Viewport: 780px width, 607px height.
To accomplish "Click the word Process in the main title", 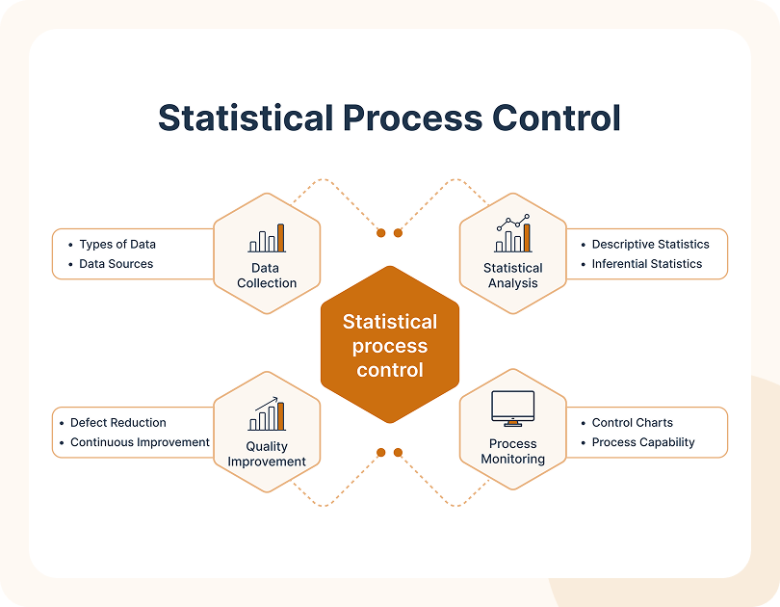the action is tap(412, 118).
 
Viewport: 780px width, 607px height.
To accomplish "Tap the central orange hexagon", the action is tap(390, 344).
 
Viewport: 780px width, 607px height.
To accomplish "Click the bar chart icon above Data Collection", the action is tap(267, 238).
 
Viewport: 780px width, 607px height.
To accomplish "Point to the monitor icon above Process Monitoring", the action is tap(513, 409).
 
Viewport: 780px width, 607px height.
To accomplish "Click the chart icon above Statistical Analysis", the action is tap(513, 233).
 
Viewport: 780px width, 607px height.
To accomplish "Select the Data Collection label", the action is tap(267, 276).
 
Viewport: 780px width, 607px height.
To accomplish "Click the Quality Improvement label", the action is tap(267, 454).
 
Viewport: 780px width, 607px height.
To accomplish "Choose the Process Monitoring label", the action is tap(513, 451).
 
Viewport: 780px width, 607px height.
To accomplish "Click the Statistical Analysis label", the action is tap(513, 276).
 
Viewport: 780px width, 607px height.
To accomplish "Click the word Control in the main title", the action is tap(557, 118).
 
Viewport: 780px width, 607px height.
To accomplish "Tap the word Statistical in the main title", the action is tap(246, 118).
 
